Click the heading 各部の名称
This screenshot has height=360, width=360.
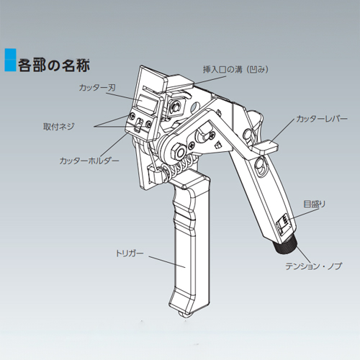point(54,65)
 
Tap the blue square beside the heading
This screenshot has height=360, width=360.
point(10,60)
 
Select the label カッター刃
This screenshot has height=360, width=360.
point(97,87)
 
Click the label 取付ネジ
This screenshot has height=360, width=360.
point(59,126)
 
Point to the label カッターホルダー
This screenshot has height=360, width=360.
point(89,161)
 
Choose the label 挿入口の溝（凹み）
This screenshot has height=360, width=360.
point(236,69)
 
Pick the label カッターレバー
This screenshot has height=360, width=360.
point(322,119)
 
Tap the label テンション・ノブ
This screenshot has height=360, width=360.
point(313,266)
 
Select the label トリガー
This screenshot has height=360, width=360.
point(130,253)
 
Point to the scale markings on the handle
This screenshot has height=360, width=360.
point(283,225)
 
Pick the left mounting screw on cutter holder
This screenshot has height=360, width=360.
point(132,116)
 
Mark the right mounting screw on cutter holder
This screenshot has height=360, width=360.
point(149,123)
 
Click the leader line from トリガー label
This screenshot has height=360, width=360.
point(167,262)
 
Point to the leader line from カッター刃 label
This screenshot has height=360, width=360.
point(122,97)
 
